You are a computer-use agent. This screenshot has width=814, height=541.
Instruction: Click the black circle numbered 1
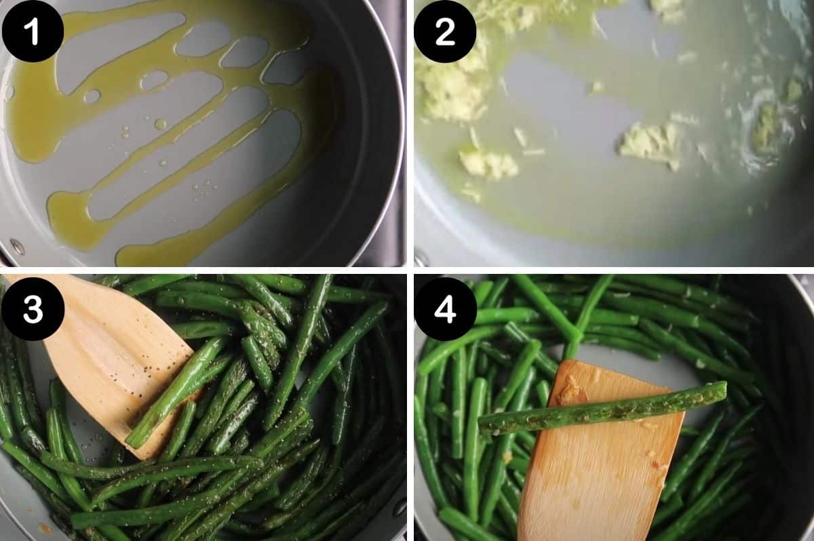tap(33, 32)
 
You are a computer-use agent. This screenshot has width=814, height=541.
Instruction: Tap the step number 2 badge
tap(445, 32)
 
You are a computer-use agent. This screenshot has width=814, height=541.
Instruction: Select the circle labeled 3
tap(33, 308)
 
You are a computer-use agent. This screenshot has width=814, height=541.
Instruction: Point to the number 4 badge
tap(445, 308)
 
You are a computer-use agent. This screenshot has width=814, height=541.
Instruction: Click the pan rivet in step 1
tap(18, 246)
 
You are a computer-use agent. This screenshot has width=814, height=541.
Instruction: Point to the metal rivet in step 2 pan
tap(421, 258)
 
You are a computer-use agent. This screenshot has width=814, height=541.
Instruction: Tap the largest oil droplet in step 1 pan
tap(160, 124)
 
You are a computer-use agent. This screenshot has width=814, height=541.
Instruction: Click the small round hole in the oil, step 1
tap(92, 96)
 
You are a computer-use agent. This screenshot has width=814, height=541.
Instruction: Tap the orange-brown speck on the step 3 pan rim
tap(45, 527)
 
